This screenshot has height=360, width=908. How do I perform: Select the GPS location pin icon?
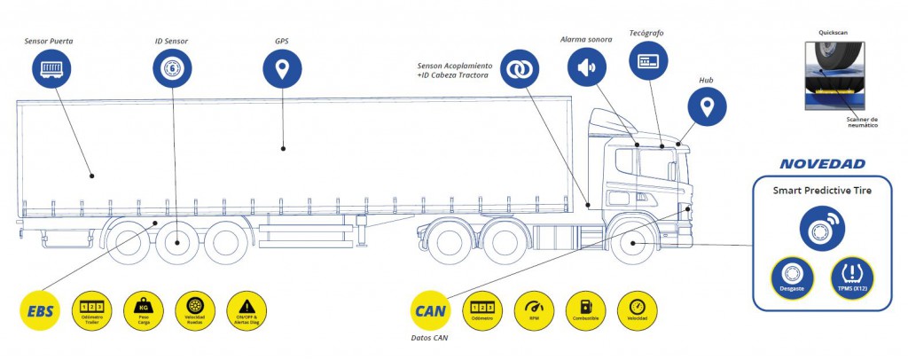pos(282,67)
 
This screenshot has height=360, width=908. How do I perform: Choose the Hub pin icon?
pos(707,107)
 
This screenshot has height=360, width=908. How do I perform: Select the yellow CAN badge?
pos(430,310)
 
